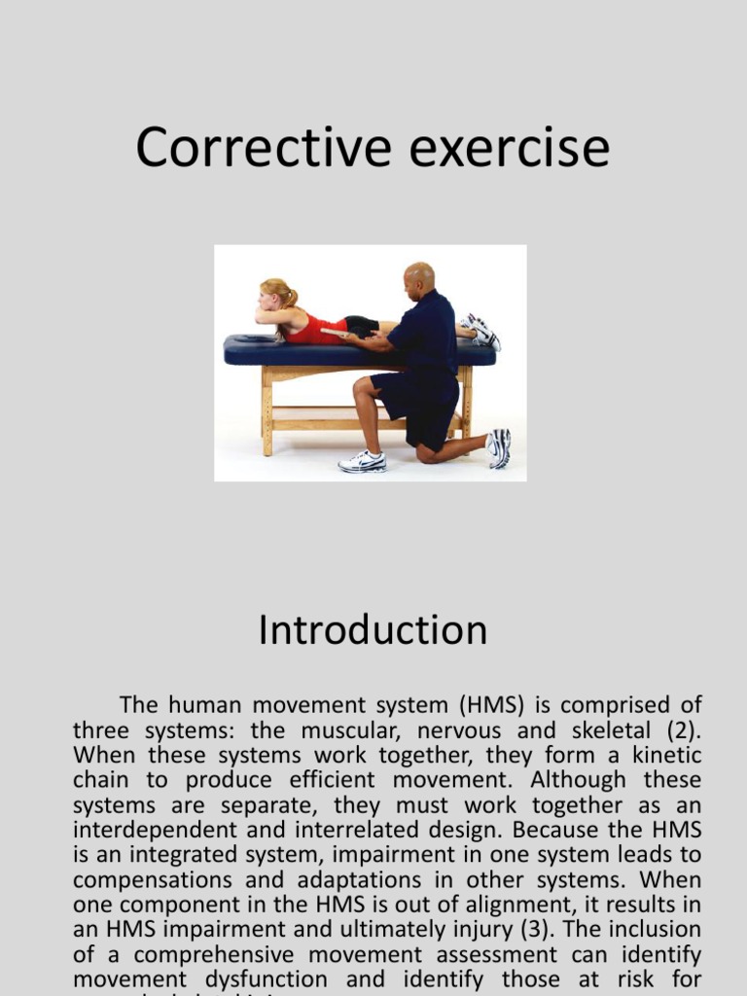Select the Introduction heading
pyautogui.click(x=373, y=630)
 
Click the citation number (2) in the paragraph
pyautogui.click(x=684, y=730)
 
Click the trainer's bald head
pyautogui.click(x=419, y=276)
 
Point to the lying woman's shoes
pyautogui.click(x=481, y=331)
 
